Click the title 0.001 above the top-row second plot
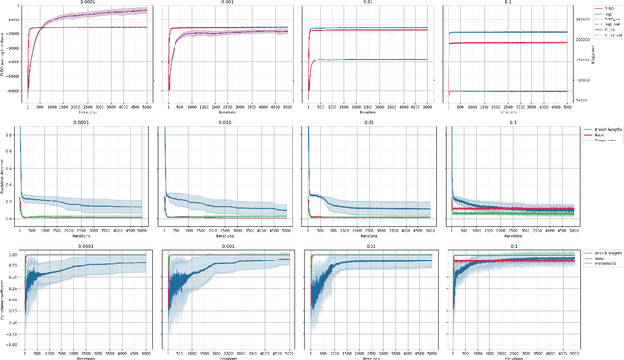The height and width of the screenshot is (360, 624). (x=228, y=4)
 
